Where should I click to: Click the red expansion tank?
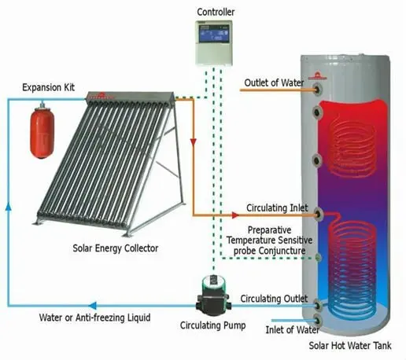42,131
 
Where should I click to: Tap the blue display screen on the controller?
214,34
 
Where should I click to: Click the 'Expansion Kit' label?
48,87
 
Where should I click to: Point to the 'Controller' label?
216,12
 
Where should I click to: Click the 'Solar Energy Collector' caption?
116,248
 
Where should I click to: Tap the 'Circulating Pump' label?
212,325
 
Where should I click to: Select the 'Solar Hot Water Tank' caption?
350,345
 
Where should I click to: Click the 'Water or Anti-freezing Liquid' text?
94,318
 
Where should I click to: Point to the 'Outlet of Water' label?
274,83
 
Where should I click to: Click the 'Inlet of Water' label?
292,329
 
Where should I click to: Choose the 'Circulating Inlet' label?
277,208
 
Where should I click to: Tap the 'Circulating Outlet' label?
274,299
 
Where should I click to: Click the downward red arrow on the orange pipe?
194,142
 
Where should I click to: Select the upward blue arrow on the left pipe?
9,207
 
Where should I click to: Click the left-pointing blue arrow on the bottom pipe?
93,306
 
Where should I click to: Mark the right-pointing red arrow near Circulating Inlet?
235,215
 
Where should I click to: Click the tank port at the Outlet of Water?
318,90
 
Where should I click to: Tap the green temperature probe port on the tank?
318,258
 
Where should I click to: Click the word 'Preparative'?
269,230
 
